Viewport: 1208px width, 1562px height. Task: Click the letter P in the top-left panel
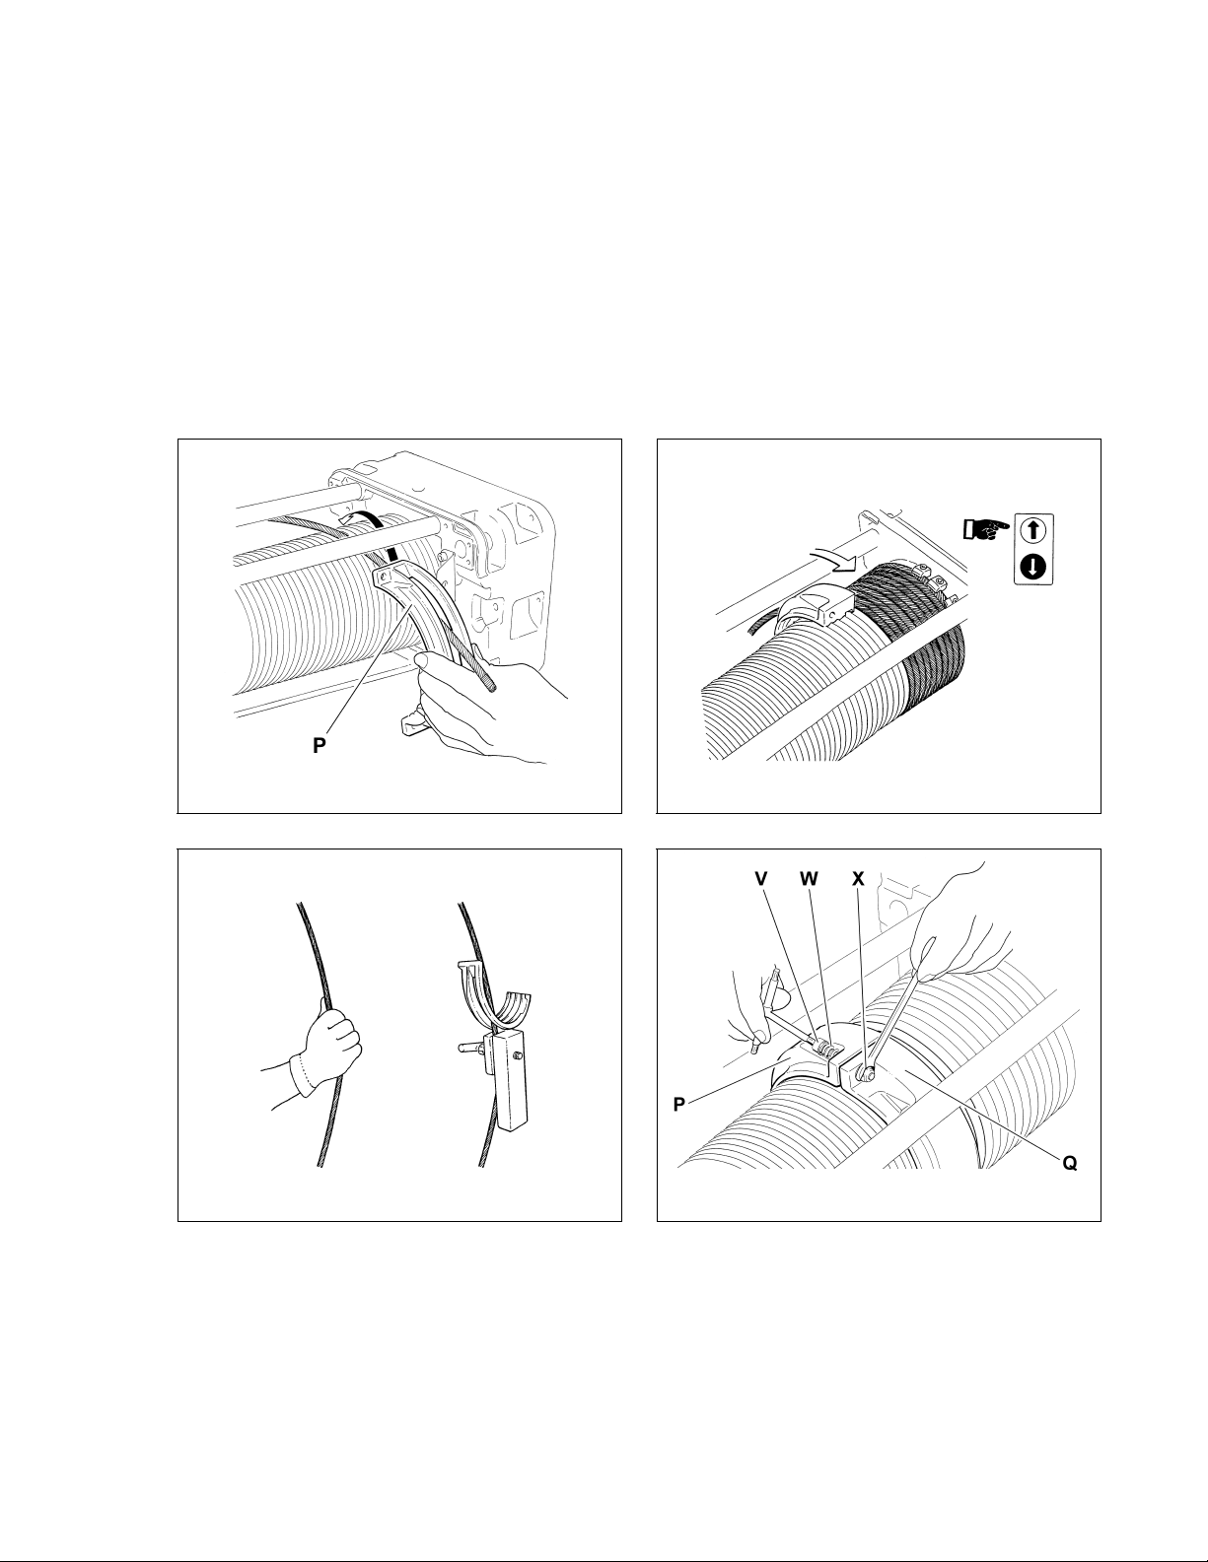coord(320,746)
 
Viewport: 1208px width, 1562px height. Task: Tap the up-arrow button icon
coord(1033,531)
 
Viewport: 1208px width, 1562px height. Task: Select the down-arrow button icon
coord(1033,568)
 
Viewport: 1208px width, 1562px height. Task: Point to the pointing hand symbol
coord(986,531)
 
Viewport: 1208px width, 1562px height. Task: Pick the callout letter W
coord(810,878)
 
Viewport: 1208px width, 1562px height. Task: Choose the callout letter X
coord(858,878)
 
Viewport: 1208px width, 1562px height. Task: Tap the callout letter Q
coord(1070,1163)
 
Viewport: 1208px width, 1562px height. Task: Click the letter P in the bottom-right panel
coord(679,1105)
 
